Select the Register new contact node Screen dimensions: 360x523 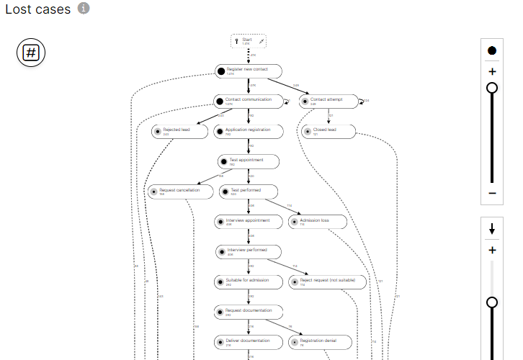pyautogui.click(x=249, y=71)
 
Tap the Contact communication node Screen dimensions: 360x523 pyautogui.click(x=249, y=101)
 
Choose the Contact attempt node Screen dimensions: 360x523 pyautogui.click(x=329, y=101)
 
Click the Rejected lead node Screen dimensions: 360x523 pyautogui.click(x=177, y=131)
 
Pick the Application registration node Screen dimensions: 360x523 pyautogui.click(x=249, y=131)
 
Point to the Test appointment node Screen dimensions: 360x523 pyautogui.click(x=249, y=161)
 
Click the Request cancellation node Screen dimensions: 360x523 pyautogui.click(x=180, y=192)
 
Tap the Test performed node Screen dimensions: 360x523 pyautogui.click(x=249, y=192)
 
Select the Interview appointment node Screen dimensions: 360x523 pyautogui.click(x=249, y=222)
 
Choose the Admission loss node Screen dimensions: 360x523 pyautogui.click(x=318, y=222)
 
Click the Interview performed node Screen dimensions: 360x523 pyautogui.click(x=249, y=251)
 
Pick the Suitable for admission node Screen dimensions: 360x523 pyautogui.click(x=249, y=282)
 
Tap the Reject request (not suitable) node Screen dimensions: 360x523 pyautogui.click(x=327, y=282)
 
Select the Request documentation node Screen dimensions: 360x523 pyautogui.click(x=249, y=312)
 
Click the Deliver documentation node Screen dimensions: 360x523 pyautogui.click(x=249, y=341)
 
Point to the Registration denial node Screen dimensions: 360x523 pyautogui.click(x=318, y=341)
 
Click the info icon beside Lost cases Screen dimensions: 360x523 pyautogui.click(x=84, y=9)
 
